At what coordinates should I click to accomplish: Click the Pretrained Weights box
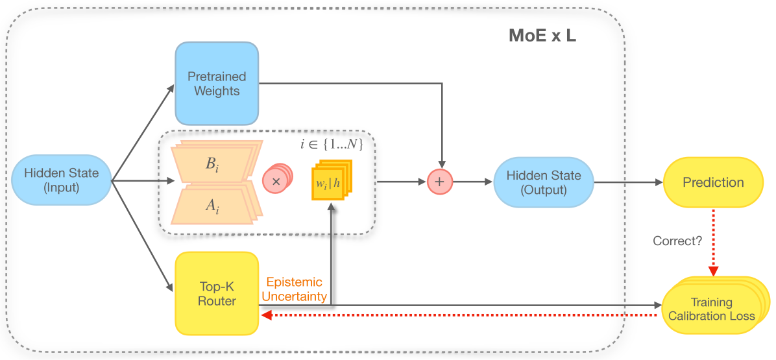pyautogui.click(x=217, y=84)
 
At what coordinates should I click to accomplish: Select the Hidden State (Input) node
pyautogui.click(x=62, y=180)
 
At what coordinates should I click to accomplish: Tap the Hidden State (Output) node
pyautogui.click(x=544, y=182)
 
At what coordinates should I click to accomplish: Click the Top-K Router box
pyautogui.click(x=217, y=293)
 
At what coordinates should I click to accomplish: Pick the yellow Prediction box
pyautogui.click(x=712, y=182)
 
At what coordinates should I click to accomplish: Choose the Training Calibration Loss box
pyautogui.click(x=711, y=309)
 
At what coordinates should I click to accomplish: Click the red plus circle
pyautogui.click(x=439, y=182)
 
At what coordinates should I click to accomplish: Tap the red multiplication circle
pyautogui.click(x=276, y=182)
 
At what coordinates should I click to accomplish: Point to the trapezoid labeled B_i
pyautogui.click(x=212, y=164)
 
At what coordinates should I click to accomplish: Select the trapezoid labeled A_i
pyautogui.click(x=212, y=206)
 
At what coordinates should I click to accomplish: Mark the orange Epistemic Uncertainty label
pyautogui.click(x=294, y=289)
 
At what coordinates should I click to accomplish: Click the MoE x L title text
pyautogui.click(x=542, y=36)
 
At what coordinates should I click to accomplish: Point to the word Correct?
pyautogui.click(x=677, y=241)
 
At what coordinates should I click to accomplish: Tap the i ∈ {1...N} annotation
pyautogui.click(x=331, y=145)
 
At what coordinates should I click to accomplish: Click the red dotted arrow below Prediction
pyautogui.click(x=712, y=240)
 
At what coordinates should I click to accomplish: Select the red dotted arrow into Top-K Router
pyautogui.click(x=454, y=315)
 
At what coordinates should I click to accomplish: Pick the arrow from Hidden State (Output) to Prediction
pyautogui.click(x=626, y=182)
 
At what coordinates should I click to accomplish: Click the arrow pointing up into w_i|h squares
pyautogui.click(x=332, y=253)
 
